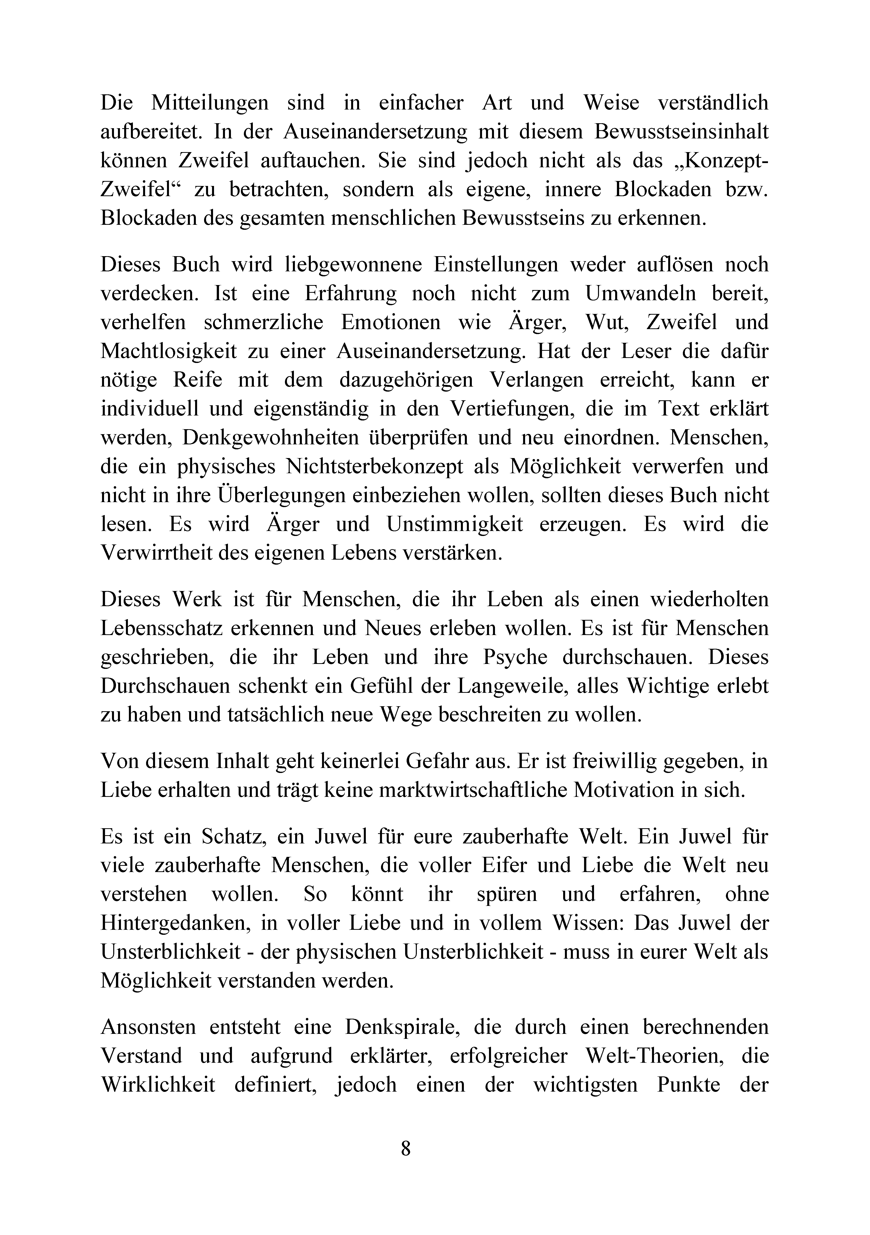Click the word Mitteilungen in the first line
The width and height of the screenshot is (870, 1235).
point(210,102)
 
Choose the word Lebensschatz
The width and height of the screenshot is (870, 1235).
point(162,628)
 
